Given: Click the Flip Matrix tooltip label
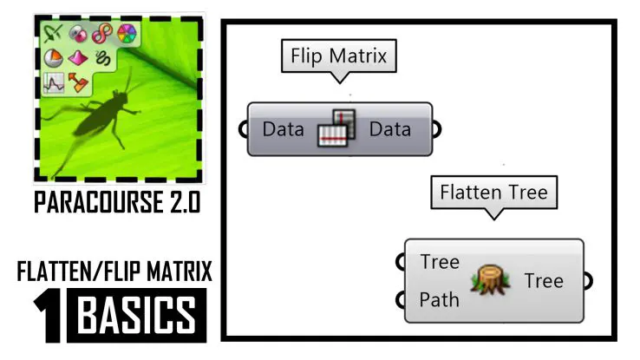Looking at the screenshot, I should tap(338, 58).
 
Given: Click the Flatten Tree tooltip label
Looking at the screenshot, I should tap(493, 191).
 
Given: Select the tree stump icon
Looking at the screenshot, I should tap(491, 280).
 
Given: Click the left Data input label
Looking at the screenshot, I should tap(283, 130).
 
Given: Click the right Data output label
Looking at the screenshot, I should tap(389, 130).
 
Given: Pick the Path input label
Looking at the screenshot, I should tap(440, 301).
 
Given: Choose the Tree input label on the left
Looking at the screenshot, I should tap(440, 262).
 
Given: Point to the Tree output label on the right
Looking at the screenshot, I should tap(544, 280).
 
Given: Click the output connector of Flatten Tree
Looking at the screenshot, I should tap(588, 280).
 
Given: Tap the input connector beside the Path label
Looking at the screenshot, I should tap(401, 301).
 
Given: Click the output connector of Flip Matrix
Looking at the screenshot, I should tap(436, 130).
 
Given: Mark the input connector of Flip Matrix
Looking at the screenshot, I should tap(243, 130).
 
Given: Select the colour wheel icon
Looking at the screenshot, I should tap(127, 34).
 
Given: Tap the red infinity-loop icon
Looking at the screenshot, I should tap(103, 34).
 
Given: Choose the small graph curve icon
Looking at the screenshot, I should tap(54, 84).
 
